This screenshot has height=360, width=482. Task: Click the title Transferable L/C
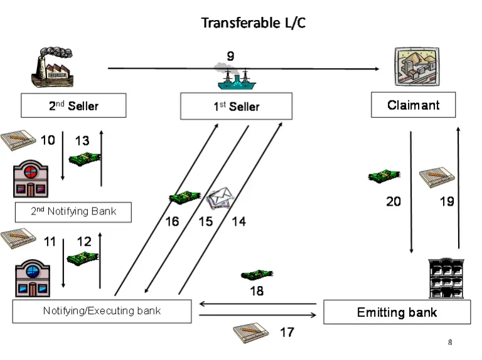click(x=253, y=23)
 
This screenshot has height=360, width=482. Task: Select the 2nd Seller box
click(x=73, y=105)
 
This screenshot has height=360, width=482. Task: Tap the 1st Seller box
click(x=236, y=106)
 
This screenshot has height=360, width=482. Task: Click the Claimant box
click(x=413, y=105)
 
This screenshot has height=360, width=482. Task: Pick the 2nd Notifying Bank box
click(x=73, y=211)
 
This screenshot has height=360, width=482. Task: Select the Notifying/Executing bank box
click(x=102, y=311)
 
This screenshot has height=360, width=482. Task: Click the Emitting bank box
click(x=397, y=312)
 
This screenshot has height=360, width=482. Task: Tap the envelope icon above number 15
click(x=220, y=199)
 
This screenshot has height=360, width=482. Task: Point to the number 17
click(x=287, y=332)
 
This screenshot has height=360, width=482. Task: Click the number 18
click(x=257, y=291)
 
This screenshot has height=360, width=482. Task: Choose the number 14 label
click(x=238, y=221)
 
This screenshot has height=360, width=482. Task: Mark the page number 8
click(x=450, y=342)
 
